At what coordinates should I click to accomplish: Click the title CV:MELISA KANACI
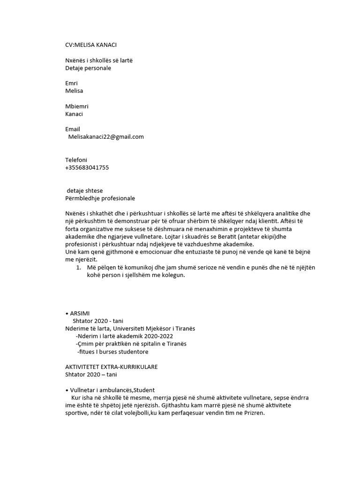(91, 45)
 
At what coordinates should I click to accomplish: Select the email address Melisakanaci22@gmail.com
(105, 137)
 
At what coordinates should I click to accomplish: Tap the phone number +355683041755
(87, 167)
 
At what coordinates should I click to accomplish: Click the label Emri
(71, 83)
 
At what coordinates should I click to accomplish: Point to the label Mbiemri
(76, 106)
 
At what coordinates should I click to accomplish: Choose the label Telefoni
(76, 160)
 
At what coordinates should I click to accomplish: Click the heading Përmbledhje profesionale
(100, 198)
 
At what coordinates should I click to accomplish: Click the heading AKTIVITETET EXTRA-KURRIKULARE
(114, 366)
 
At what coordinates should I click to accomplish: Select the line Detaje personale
(88, 68)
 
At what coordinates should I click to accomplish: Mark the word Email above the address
(73, 129)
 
